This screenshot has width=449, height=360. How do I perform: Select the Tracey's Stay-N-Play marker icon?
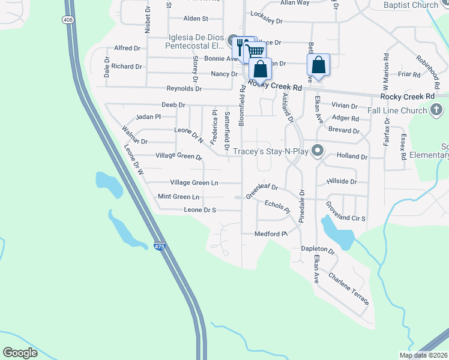pyautogui.click(x=318, y=151)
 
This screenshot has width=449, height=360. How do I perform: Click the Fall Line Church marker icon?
pyautogui.click(x=436, y=110)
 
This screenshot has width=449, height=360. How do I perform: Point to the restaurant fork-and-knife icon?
pyautogui.click(x=242, y=45)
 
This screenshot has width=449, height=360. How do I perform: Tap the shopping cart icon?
pyautogui.click(x=255, y=52)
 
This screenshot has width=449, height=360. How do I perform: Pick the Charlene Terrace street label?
pyautogui.click(x=349, y=289)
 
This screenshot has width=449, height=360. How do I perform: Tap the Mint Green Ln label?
pyautogui.click(x=178, y=197)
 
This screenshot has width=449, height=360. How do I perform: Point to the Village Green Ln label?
pyautogui.click(x=194, y=182)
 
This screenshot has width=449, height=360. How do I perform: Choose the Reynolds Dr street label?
pyautogui.click(x=184, y=88)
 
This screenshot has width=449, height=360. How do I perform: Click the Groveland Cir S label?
pyautogui.click(x=346, y=212)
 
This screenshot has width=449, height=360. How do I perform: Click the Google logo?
pyautogui.click(x=20, y=352)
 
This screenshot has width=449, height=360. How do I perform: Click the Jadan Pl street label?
pyautogui.click(x=149, y=116)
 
